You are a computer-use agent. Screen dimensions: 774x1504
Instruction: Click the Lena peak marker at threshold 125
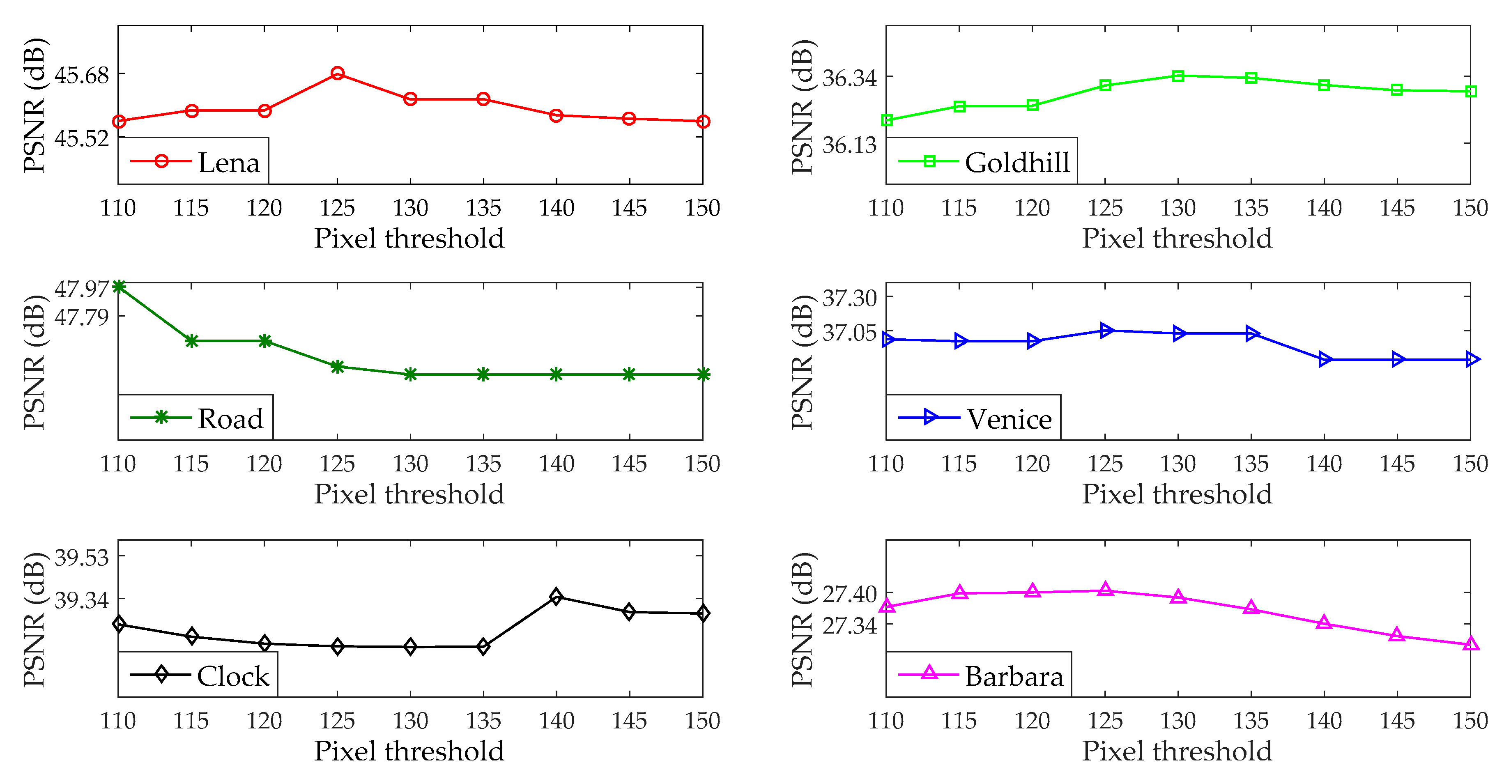pos(338,73)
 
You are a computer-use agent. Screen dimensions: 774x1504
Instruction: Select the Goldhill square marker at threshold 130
pos(1178,76)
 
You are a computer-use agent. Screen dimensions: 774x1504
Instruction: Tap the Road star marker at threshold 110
pos(119,286)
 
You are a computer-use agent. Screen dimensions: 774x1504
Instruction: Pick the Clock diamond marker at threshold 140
pos(556,596)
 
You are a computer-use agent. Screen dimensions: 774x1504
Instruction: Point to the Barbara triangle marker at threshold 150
pos(1471,644)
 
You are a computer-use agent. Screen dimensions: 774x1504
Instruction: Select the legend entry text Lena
pos(229,162)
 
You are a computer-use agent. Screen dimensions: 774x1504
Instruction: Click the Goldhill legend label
pos(1017,162)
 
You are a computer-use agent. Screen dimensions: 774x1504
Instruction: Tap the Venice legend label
pos(1009,419)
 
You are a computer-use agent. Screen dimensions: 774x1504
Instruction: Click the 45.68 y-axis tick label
pos(82,75)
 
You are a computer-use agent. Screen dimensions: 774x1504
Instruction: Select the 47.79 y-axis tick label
pos(82,317)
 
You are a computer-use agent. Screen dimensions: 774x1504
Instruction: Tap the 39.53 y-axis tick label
pos(82,558)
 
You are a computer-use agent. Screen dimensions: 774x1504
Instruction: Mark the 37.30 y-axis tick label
pos(849,298)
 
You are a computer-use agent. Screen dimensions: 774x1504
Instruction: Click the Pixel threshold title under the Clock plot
pos(409,751)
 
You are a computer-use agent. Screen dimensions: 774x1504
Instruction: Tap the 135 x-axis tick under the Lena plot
pos(483,208)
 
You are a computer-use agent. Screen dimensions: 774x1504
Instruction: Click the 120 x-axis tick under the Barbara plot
pos(1032,721)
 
